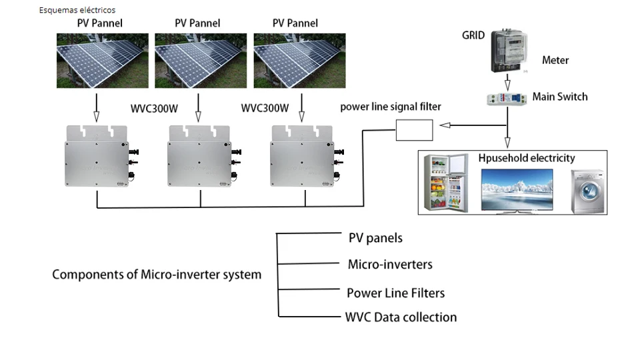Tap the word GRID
pos(473,35)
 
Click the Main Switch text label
pos(560,97)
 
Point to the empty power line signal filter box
pos(415,129)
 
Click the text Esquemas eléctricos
pos(77,10)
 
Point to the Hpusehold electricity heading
pos(527,159)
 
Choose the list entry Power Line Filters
pos(395,293)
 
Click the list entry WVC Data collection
pos(401,317)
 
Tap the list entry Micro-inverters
pos(390,265)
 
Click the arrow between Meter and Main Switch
pos(509,83)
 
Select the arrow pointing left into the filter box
pos(453,125)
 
